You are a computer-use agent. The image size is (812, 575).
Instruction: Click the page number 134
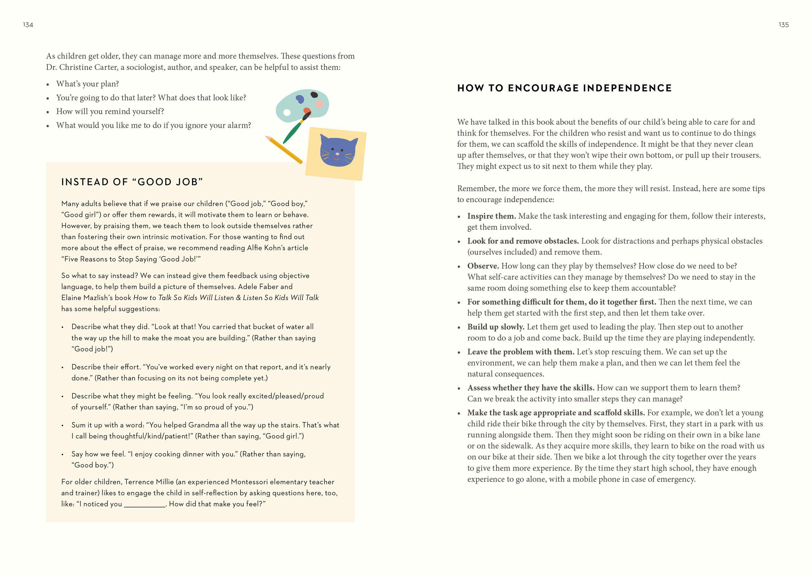tap(28, 25)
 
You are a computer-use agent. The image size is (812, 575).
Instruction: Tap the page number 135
tap(783, 25)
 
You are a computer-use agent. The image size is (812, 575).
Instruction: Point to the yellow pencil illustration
tap(284, 150)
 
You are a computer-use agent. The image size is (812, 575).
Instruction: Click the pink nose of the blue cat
tap(337, 154)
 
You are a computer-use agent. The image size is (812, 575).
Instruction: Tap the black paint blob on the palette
tap(314, 95)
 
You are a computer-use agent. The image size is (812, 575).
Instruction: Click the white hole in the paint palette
tap(287, 112)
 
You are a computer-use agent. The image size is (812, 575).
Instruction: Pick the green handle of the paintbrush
tap(292, 132)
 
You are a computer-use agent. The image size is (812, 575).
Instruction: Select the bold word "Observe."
tap(483, 266)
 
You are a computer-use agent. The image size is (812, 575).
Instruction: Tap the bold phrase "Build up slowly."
tap(496, 327)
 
